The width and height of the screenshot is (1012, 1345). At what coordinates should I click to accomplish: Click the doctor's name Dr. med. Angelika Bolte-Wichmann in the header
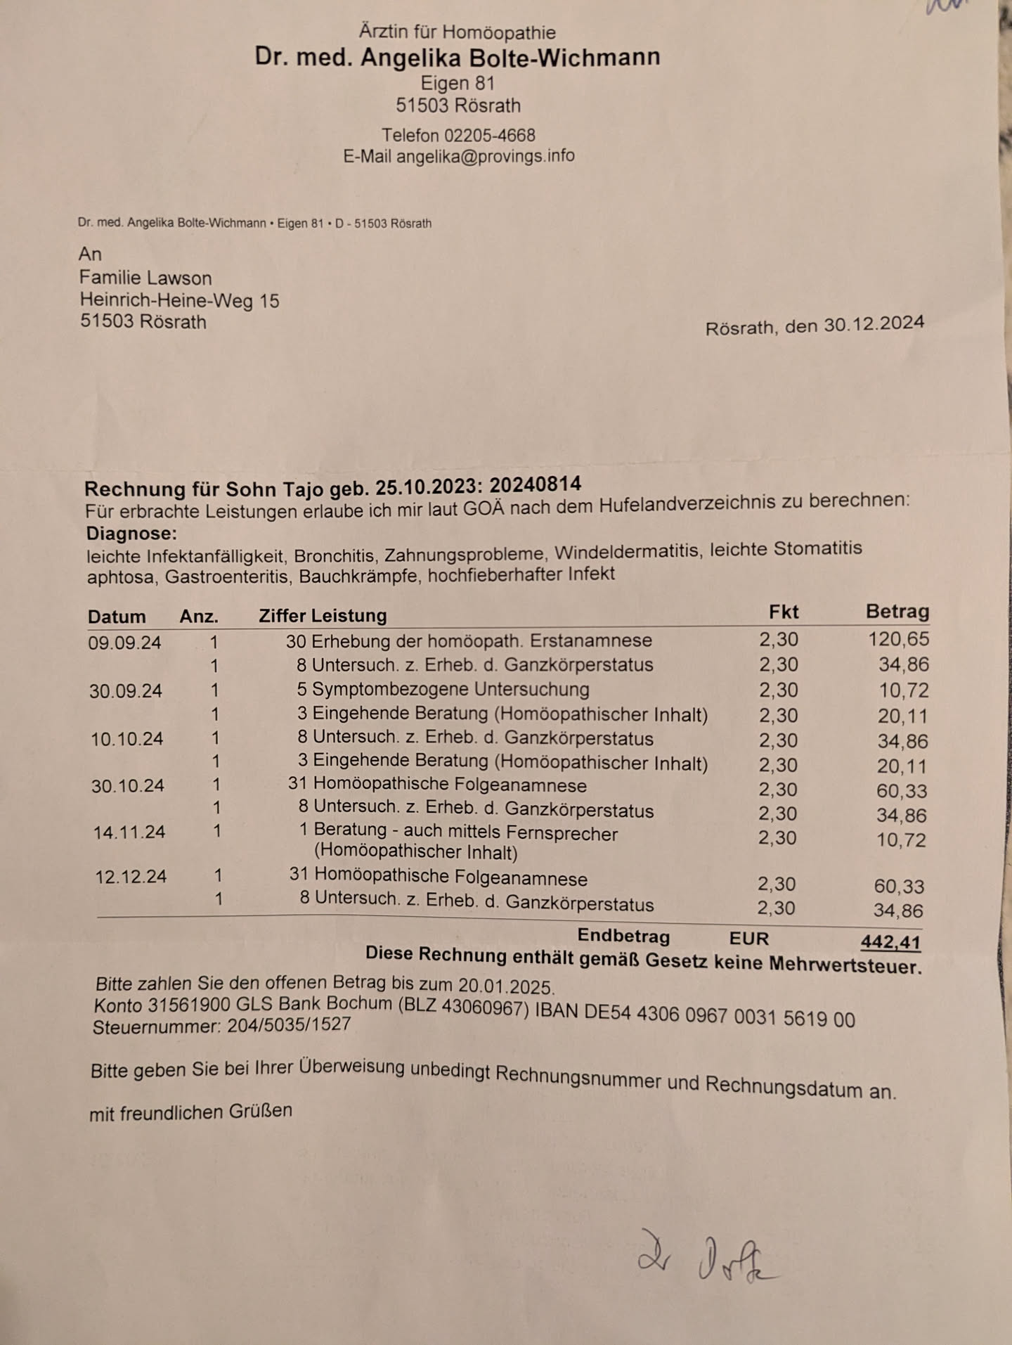click(458, 58)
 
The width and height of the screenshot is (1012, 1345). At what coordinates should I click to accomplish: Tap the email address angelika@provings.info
click(485, 156)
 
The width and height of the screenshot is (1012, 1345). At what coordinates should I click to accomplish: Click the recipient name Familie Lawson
click(145, 278)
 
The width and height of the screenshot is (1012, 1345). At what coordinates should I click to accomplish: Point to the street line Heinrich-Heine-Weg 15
click(179, 301)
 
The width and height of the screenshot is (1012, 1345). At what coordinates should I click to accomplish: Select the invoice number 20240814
click(536, 484)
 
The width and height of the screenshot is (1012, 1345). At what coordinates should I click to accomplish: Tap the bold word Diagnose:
click(131, 534)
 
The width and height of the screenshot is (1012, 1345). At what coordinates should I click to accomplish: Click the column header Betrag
click(897, 611)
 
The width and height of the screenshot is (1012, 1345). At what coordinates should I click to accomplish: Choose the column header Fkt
click(784, 612)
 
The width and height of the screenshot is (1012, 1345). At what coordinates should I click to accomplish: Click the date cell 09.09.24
click(124, 643)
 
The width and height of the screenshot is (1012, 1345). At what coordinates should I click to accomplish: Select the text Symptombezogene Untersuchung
click(450, 689)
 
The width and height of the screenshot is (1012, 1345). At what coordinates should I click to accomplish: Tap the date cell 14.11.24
click(129, 832)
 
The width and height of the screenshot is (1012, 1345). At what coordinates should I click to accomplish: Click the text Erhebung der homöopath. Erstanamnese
click(481, 641)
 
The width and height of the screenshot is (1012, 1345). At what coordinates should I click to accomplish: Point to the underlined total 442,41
click(890, 941)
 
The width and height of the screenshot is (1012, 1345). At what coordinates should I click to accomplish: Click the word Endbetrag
click(623, 936)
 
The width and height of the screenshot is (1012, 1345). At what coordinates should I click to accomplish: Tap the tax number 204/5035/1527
click(289, 1024)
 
